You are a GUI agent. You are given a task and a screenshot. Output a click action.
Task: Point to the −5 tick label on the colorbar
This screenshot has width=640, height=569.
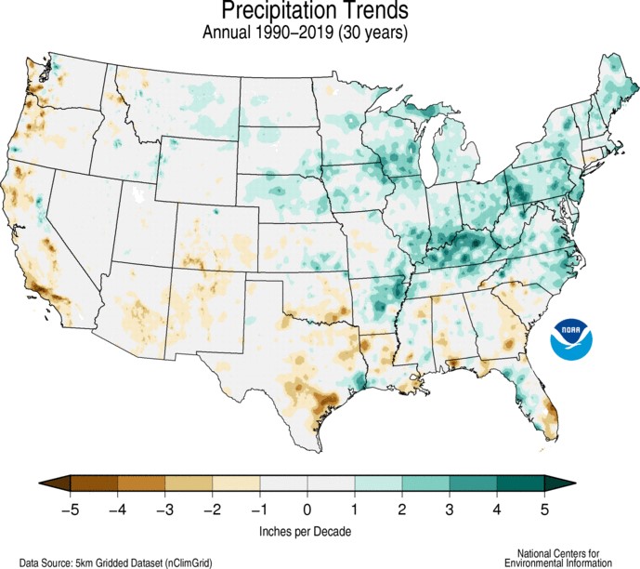click(x=68, y=509)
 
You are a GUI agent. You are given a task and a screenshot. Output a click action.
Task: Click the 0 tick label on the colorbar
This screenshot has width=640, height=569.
click(x=307, y=509)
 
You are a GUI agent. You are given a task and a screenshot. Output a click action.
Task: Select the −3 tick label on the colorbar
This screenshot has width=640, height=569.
click(x=163, y=509)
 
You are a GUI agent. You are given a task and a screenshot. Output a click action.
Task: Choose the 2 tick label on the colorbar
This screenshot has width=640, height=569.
click(x=401, y=509)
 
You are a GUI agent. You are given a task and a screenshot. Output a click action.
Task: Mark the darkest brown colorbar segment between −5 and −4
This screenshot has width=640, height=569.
click(x=93, y=483)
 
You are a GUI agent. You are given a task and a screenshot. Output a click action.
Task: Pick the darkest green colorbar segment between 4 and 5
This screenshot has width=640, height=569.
click(x=520, y=483)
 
